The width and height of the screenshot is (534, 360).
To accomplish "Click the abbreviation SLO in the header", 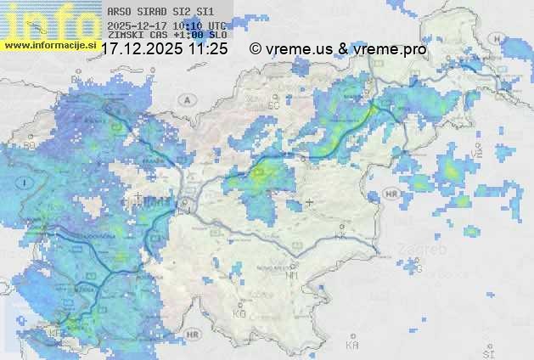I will point(216,35).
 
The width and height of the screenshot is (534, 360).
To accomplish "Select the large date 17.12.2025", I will point(142,49).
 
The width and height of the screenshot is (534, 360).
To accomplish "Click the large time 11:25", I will point(209,49).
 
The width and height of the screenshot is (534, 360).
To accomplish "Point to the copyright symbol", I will point(255,49).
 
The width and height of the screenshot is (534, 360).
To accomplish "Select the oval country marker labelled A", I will point(185,99).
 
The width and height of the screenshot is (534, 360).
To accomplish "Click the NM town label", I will point(291,275).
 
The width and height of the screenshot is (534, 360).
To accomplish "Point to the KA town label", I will point(352,345).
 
